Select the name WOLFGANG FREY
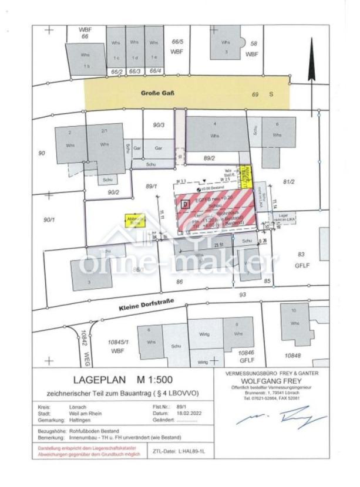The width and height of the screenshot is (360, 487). (271, 380)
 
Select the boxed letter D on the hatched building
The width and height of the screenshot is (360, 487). (186, 204)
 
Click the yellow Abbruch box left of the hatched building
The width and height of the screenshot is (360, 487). (135, 219)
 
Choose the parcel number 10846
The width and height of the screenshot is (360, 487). (246, 351)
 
